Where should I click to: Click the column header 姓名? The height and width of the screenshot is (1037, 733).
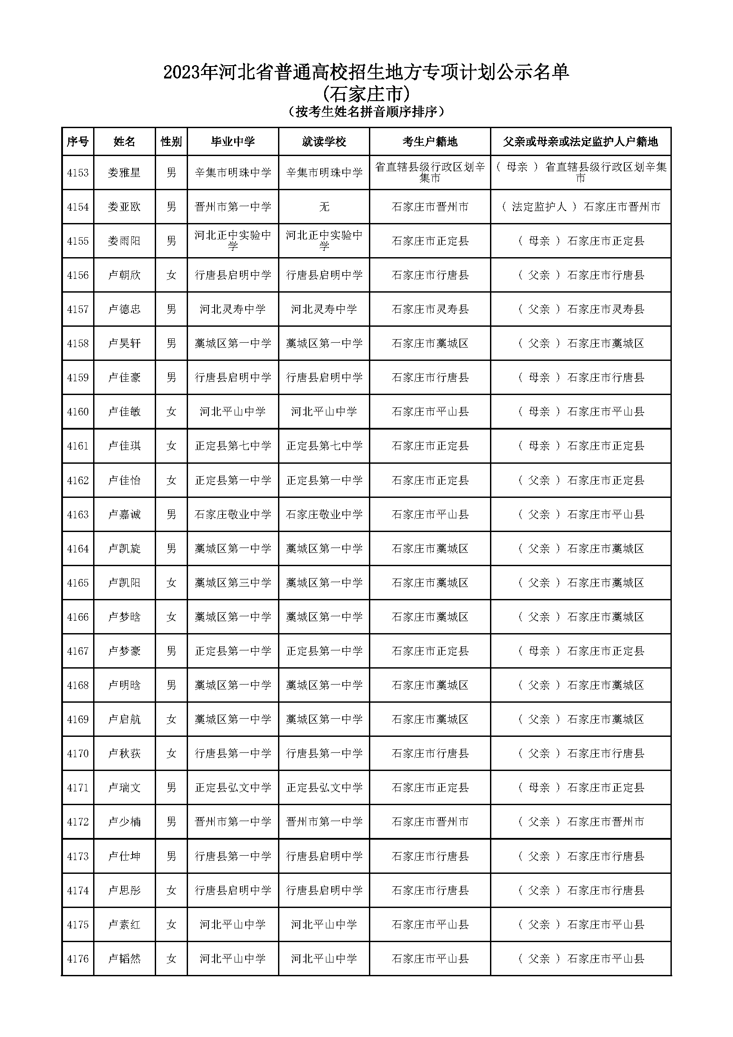(124, 142)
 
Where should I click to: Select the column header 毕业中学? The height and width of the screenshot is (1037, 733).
(233, 142)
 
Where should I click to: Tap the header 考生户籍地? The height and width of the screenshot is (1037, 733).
(430, 142)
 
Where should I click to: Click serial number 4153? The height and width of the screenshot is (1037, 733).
(78, 172)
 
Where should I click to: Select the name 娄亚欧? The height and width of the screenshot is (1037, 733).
(124, 207)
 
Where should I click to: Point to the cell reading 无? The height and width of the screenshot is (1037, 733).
(324, 207)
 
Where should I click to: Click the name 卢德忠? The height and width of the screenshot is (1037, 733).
(124, 309)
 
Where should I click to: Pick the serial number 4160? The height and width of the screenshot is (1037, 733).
(78, 411)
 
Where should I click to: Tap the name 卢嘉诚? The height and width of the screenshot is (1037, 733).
(124, 514)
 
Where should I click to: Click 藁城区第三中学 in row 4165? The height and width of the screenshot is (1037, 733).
(233, 583)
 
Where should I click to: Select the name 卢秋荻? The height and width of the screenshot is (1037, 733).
(124, 753)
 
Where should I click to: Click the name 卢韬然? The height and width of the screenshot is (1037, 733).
(124, 959)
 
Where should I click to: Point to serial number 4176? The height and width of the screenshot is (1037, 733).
(78, 959)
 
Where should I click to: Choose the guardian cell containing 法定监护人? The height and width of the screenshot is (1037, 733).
(581, 207)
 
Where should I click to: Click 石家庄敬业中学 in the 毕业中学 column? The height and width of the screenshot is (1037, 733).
(233, 514)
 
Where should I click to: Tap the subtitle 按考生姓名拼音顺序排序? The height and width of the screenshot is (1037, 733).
(366, 111)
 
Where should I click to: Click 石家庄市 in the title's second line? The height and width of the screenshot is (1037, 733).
(366, 94)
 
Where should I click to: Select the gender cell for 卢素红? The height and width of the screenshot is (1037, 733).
(171, 924)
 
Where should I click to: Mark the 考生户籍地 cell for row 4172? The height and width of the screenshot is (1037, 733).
(430, 822)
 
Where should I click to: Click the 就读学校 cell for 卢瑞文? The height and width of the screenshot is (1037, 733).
(324, 788)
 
